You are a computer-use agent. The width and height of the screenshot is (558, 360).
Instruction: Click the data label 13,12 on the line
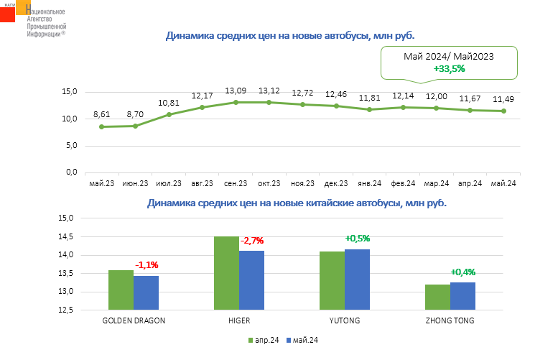point(269,91)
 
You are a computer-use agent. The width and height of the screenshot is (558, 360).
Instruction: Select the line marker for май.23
point(102,126)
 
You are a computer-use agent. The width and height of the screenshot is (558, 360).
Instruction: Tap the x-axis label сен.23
point(236,183)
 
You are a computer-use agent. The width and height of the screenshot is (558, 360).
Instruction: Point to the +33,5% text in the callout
point(450,68)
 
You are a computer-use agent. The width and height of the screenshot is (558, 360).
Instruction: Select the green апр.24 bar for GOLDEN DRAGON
point(121,290)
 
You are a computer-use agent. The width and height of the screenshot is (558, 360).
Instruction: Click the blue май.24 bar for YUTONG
point(357,280)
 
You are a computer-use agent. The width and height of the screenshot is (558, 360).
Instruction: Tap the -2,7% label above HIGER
point(253,240)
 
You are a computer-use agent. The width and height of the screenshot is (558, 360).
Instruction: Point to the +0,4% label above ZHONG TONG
point(463,272)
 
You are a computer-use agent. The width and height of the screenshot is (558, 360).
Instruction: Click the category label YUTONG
point(345,320)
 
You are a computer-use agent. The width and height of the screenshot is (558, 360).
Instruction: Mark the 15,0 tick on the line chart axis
point(70,92)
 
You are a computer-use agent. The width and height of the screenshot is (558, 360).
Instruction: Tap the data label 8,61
point(102,115)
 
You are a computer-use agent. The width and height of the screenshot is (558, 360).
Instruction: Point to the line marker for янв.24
point(369,109)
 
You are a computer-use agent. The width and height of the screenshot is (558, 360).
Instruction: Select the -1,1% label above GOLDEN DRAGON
point(146,265)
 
